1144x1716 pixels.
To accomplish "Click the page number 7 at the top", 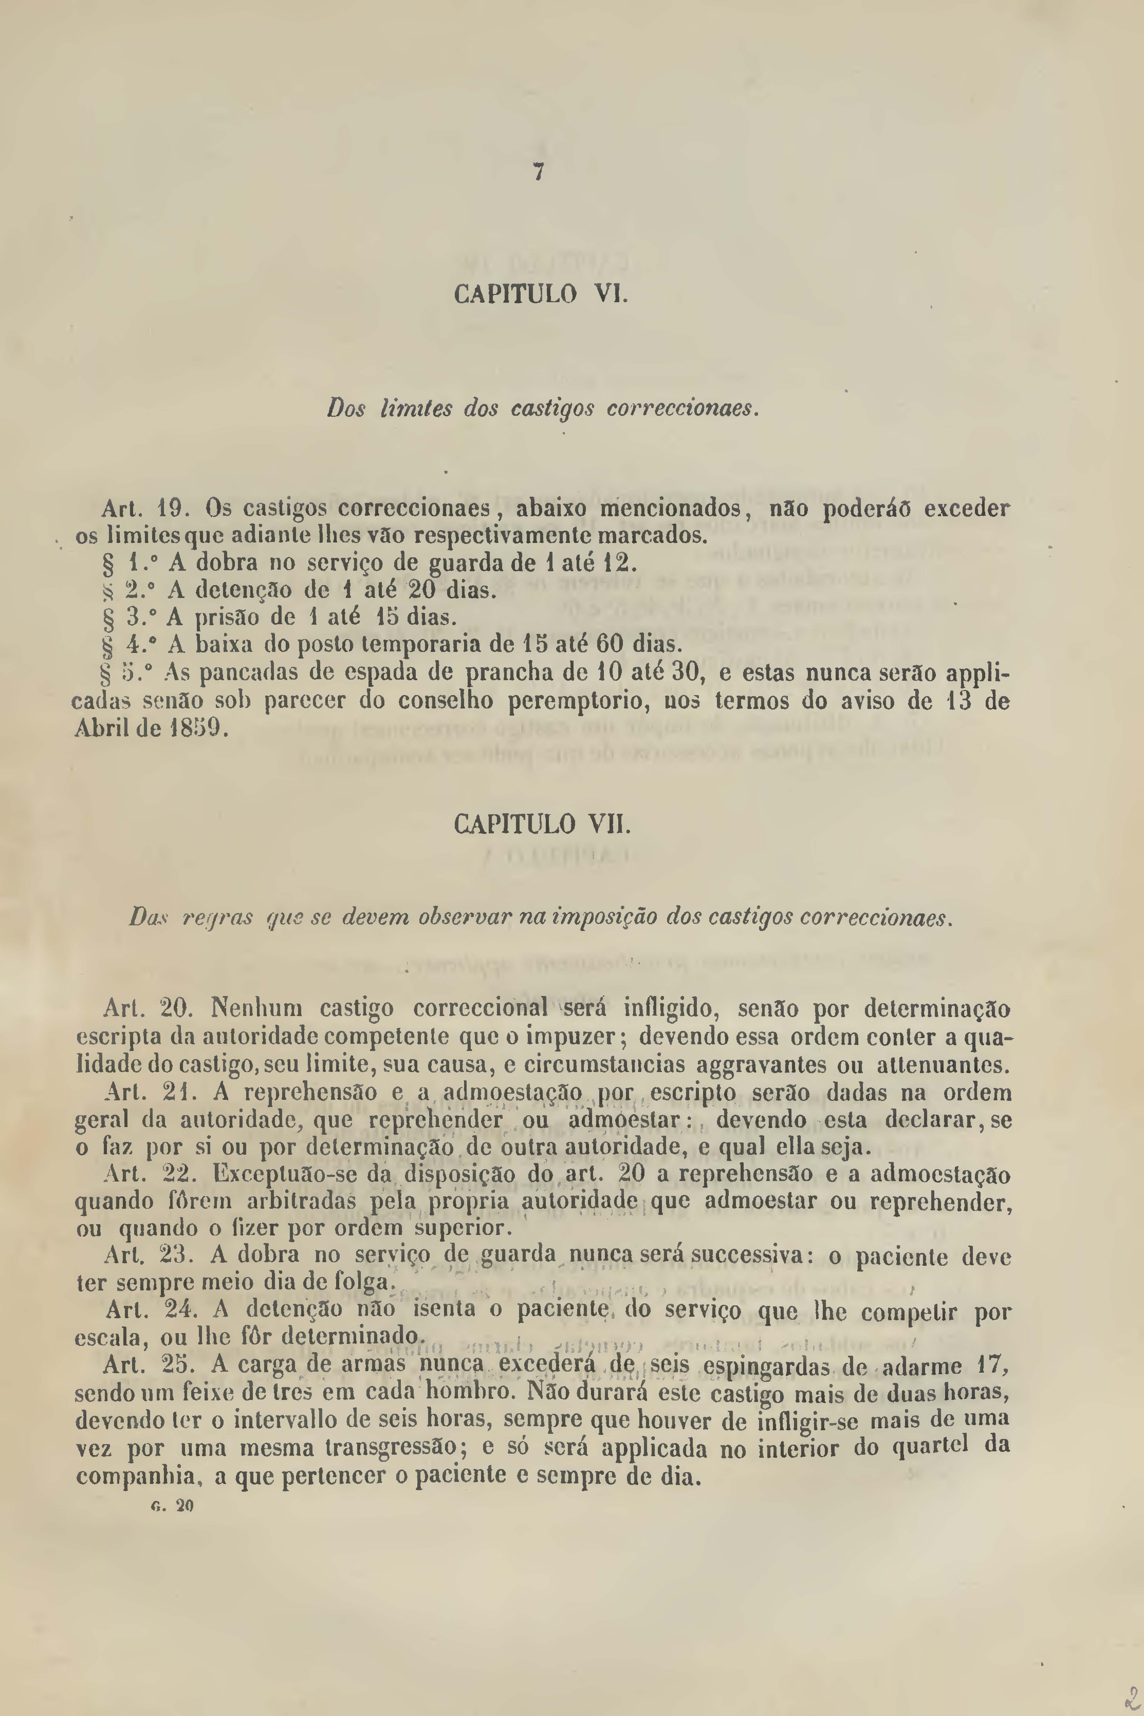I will tap(538, 173).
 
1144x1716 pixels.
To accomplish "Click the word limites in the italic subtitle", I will tap(414, 409).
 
